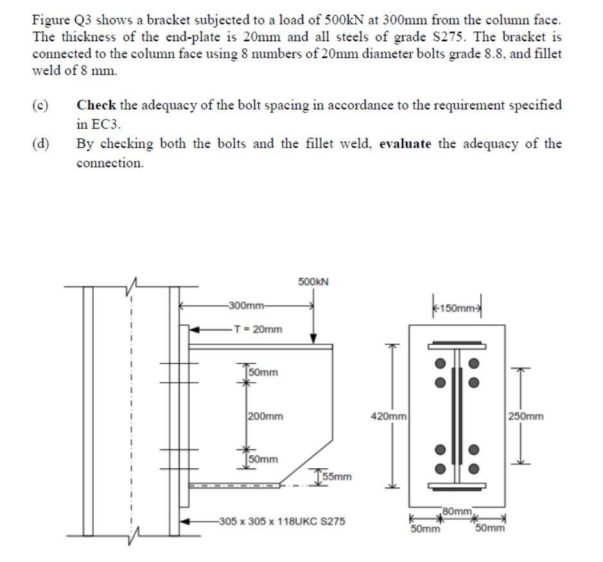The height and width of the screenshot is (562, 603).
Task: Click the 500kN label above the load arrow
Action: coord(313,281)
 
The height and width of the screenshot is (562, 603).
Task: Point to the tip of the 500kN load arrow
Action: coord(313,342)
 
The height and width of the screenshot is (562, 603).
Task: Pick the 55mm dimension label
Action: coord(337,477)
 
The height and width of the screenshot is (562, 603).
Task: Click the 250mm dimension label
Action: coord(526,416)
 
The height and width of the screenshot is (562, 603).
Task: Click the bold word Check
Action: coord(95,105)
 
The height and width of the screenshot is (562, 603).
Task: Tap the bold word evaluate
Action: coord(406,144)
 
